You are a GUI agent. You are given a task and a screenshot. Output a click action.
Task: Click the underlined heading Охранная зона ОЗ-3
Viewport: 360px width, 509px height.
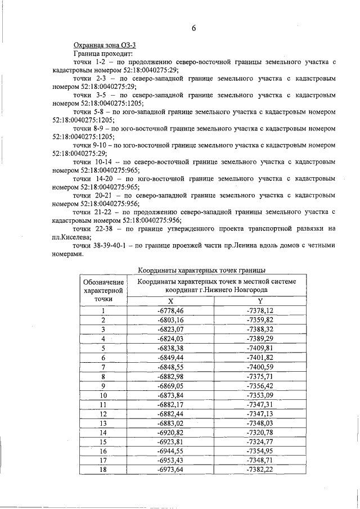105,44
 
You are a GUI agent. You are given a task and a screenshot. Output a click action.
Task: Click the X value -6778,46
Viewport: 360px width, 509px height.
171,310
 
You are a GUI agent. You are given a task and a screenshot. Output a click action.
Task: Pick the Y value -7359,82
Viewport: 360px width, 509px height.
260,319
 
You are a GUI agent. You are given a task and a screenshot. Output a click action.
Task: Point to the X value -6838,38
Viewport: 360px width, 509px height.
171,348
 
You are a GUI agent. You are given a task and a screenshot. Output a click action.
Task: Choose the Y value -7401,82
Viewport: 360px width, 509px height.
260,357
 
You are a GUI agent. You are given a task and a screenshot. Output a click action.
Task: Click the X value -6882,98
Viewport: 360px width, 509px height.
171,376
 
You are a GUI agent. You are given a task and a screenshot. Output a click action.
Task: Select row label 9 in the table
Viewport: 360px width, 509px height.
103,385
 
